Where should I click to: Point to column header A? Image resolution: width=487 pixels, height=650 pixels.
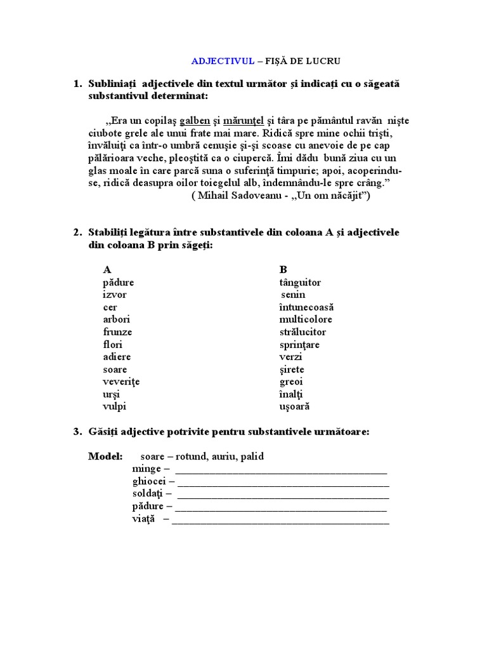pyautogui.click(x=107, y=270)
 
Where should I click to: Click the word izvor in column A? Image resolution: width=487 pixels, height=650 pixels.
pyautogui.click(x=115, y=295)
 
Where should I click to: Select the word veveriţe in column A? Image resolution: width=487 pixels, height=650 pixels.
pyautogui.click(x=121, y=381)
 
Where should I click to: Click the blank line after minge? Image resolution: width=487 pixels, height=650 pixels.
pyautogui.click(x=280, y=470)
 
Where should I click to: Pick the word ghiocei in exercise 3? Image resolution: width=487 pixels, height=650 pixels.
pyautogui.click(x=148, y=482)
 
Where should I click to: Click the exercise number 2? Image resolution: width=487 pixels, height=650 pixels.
pyautogui.click(x=77, y=233)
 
